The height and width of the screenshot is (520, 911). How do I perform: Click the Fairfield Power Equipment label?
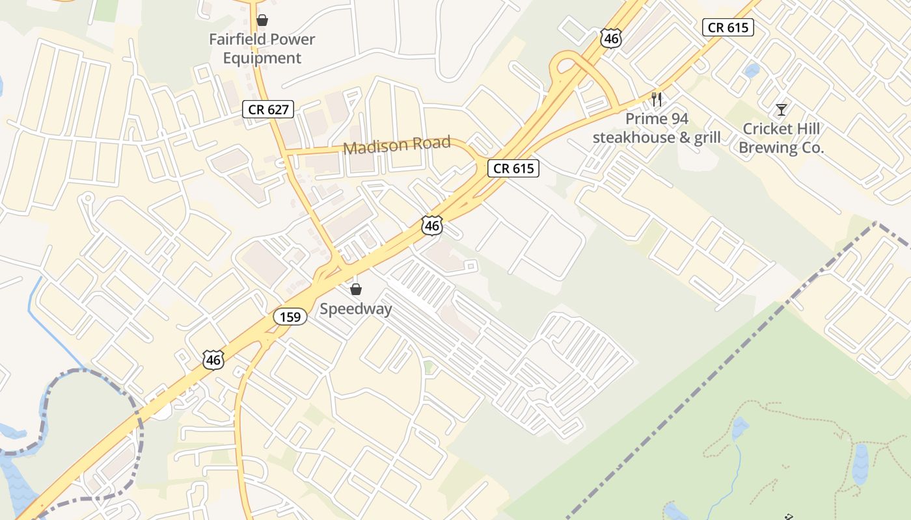click(x=262, y=49)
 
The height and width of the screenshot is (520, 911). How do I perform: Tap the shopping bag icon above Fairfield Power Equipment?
click(x=262, y=20)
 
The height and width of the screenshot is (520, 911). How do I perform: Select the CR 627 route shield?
click(x=268, y=109)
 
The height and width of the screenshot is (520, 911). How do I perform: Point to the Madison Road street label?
click(x=397, y=145)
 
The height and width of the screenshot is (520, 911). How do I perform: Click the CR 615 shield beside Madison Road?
click(x=513, y=168)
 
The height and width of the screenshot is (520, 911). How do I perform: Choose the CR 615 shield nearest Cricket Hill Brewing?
click(x=728, y=27)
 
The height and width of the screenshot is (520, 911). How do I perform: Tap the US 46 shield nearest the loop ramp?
click(x=611, y=38)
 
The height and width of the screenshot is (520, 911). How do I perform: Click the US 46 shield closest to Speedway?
click(x=431, y=226)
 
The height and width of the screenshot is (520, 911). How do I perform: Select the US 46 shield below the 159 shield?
click(x=213, y=359)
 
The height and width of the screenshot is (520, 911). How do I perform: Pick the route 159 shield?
click(x=290, y=317)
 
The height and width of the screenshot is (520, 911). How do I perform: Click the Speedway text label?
click(x=356, y=309)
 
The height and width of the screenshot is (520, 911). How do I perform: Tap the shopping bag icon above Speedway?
click(x=356, y=289)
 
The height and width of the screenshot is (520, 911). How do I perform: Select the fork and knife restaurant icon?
click(x=657, y=99)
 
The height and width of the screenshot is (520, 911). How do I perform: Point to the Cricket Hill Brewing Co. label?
click(x=781, y=138)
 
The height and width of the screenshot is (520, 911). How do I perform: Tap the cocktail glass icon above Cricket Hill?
click(x=781, y=110)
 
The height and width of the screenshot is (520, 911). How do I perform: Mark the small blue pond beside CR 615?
click(x=752, y=70)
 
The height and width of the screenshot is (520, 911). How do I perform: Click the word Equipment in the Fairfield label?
click(x=262, y=58)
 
